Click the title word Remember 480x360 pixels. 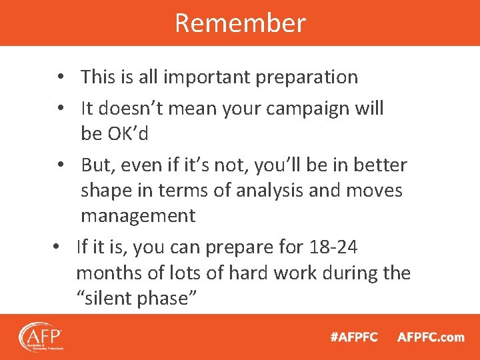240,23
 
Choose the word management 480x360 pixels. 138,216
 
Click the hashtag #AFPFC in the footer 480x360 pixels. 354,337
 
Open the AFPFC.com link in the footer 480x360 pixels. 431,337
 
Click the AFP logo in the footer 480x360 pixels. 40,337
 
